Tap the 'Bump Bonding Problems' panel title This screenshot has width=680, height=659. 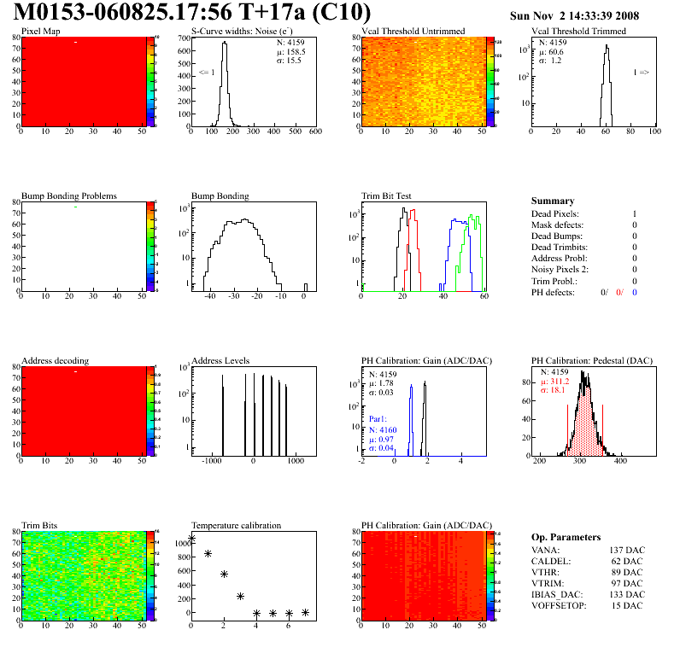coord(68,196)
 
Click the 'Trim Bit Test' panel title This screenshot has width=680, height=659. coord(387,196)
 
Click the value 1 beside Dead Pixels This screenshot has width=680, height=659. coord(635,213)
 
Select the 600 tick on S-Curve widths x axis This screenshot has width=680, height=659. coord(315,132)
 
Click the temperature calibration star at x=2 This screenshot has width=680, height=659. coord(224,574)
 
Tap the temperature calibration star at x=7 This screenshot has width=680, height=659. coord(305,612)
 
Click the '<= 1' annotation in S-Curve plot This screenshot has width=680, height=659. coord(206,73)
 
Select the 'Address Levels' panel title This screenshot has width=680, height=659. coord(220,361)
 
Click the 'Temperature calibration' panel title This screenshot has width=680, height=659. coord(236,526)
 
